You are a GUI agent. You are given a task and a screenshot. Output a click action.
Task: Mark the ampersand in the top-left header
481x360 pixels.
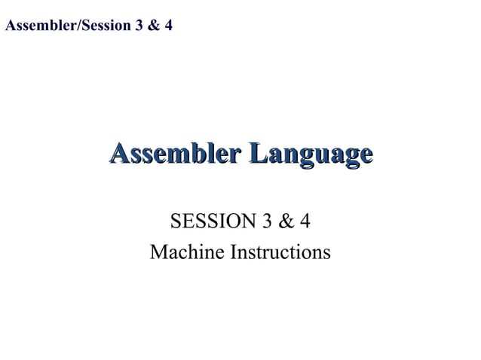click(x=154, y=26)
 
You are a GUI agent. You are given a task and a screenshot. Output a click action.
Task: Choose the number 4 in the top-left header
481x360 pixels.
click(x=168, y=26)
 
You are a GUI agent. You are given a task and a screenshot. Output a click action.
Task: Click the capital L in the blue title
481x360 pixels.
click(x=258, y=154)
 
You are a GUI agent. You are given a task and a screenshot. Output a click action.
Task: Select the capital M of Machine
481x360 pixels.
click(x=158, y=252)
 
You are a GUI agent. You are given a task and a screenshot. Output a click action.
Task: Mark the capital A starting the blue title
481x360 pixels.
click(x=119, y=154)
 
